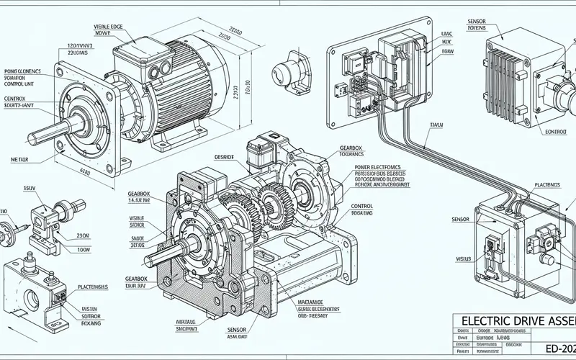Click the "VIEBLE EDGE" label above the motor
tap(107, 27)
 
